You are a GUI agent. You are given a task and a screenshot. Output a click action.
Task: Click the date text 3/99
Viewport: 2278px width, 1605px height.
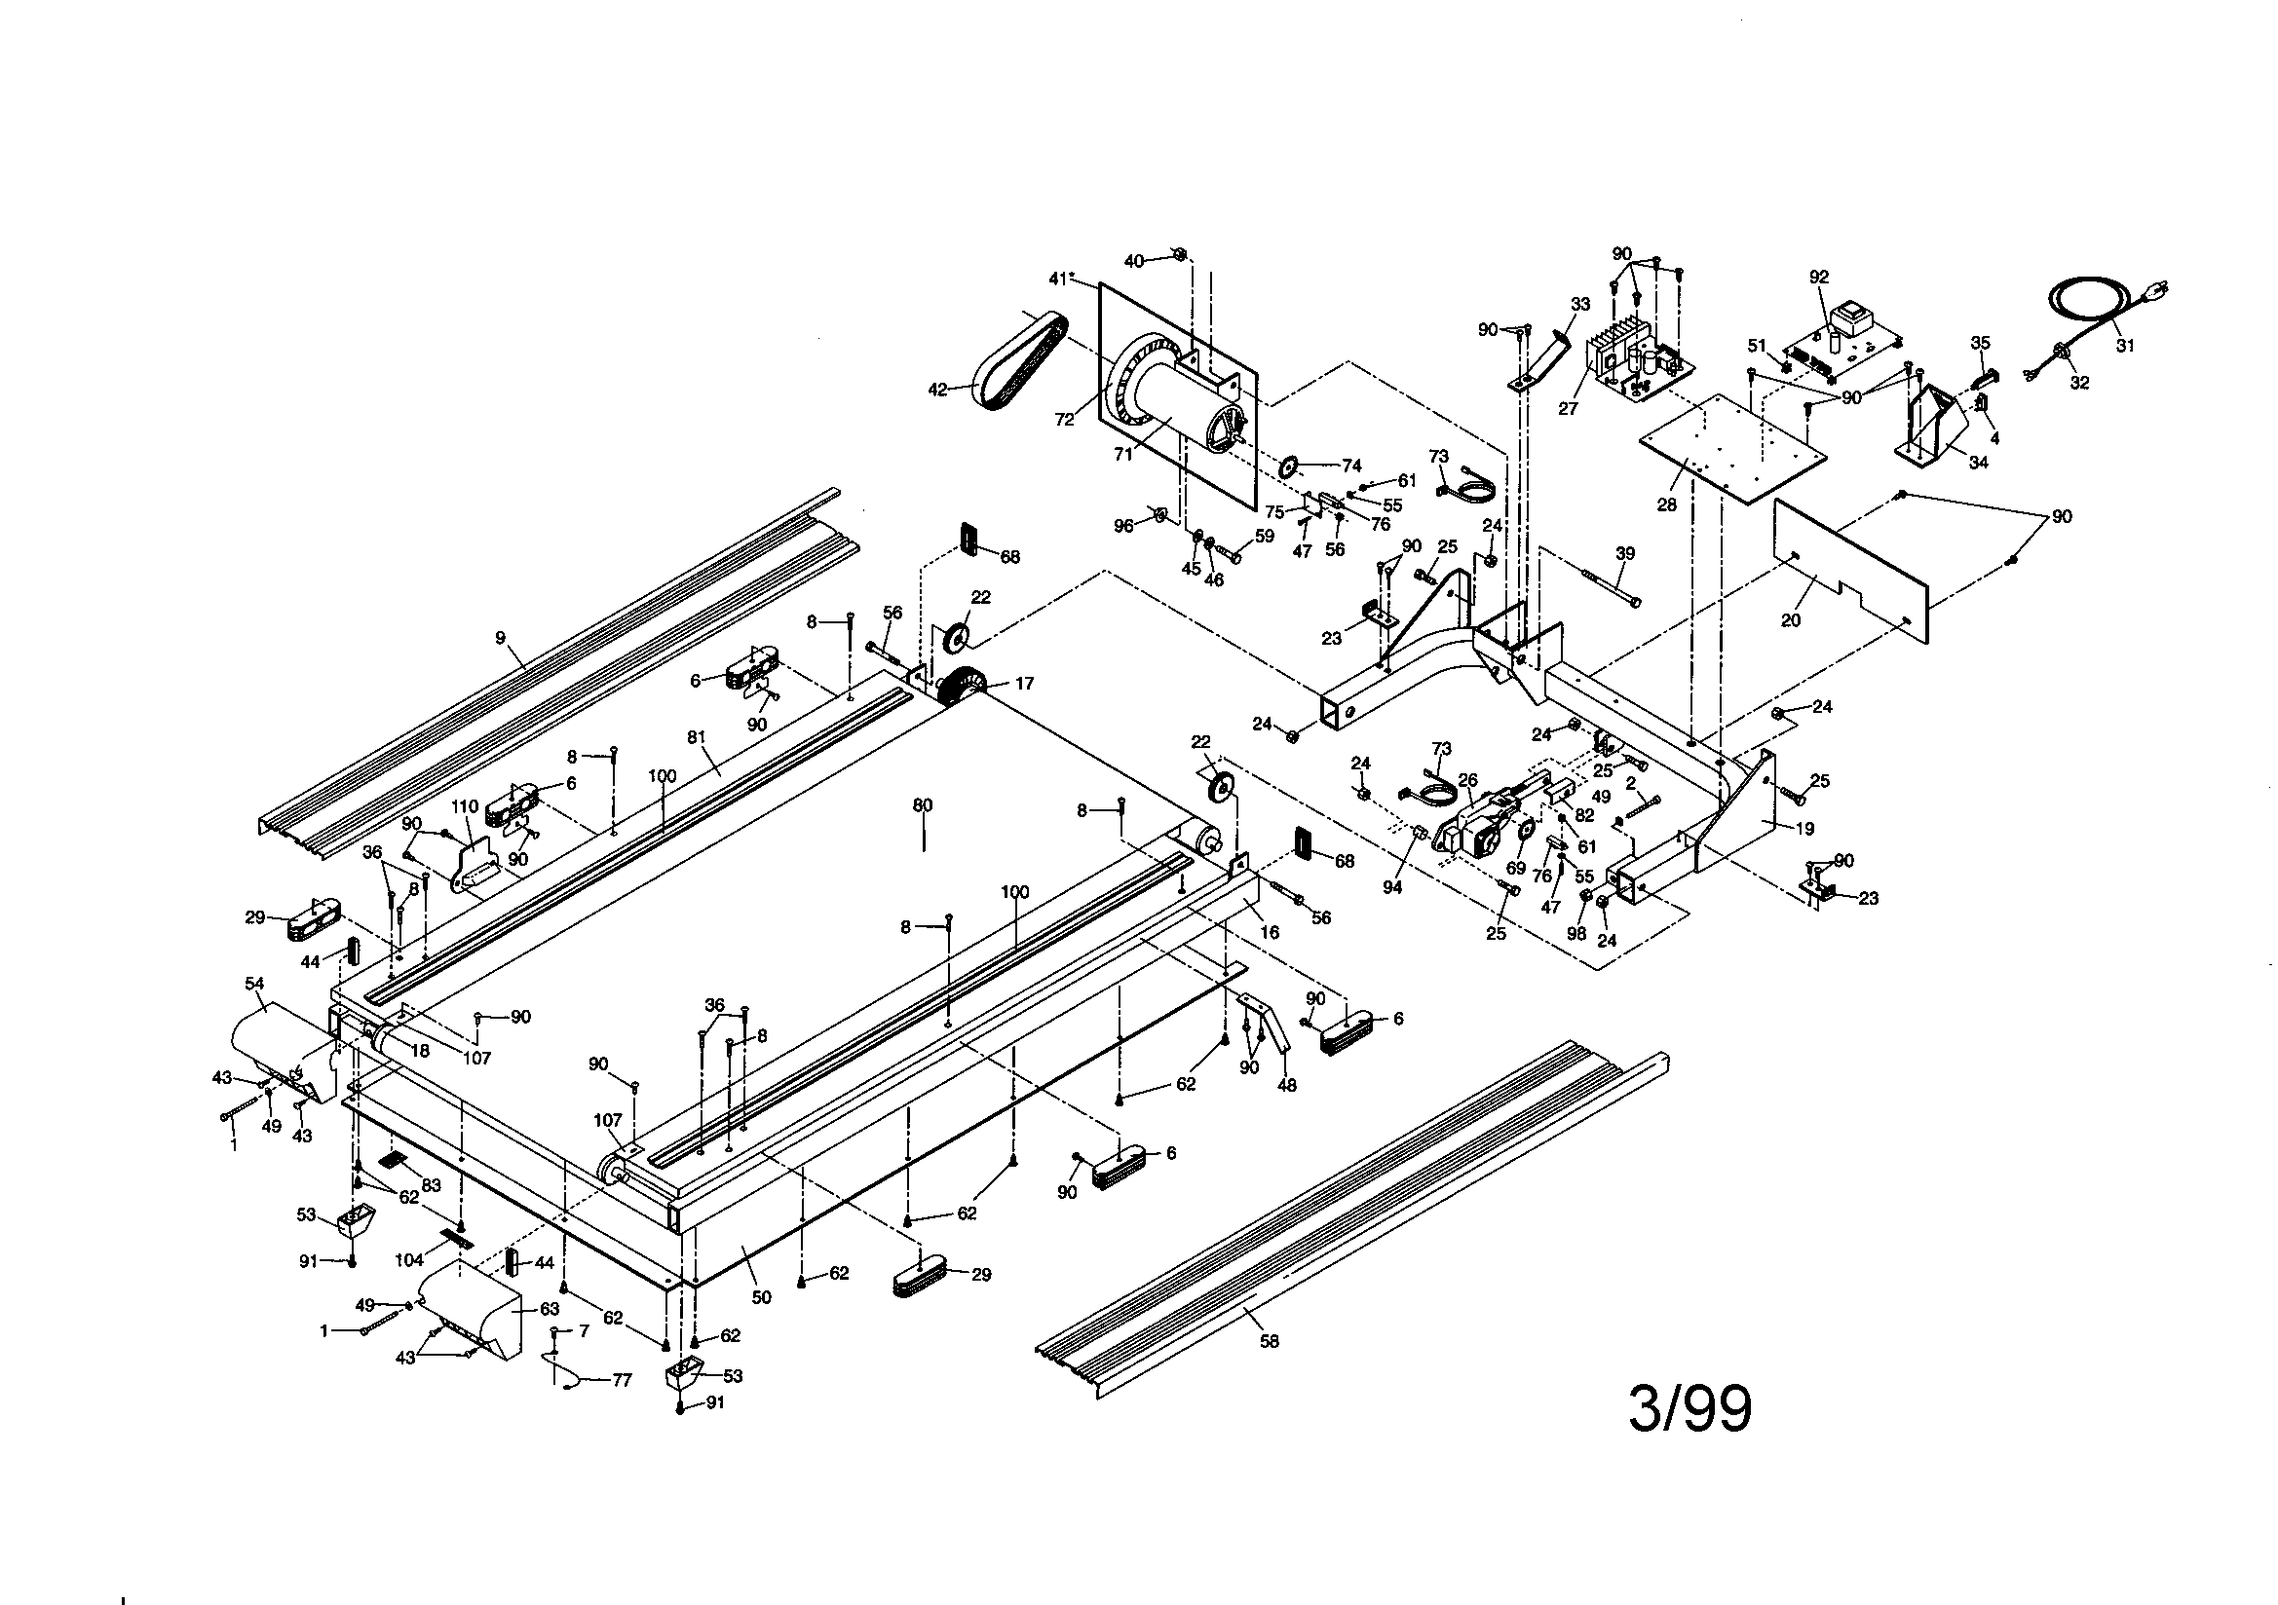[x=1690, y=1409]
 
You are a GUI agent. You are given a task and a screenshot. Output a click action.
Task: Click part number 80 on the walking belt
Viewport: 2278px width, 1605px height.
[x=923, y=805]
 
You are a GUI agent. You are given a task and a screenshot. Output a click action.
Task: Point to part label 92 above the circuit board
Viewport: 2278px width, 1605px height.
[x=1819, y=278]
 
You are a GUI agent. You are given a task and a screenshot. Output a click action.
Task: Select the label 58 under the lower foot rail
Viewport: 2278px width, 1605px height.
[x=1269, y=1341]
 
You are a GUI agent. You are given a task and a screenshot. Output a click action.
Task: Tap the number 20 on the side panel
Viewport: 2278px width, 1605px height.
[x=1790, y=621]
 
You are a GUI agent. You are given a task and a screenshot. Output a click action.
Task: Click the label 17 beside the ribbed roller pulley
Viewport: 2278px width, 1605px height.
[x=1024, y=684]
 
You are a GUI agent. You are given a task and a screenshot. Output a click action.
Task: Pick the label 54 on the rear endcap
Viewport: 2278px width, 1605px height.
[x=254, y=983]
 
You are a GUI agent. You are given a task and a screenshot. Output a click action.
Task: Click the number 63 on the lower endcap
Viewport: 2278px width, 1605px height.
[x=549, y=1309]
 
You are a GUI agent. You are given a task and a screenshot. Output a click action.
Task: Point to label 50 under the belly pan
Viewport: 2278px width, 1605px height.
[x=761, y=1297]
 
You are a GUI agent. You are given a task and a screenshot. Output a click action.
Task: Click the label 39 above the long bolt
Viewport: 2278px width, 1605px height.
[x=1624, y=553]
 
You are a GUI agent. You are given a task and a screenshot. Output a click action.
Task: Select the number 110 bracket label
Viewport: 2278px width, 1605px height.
[x=466, y=805]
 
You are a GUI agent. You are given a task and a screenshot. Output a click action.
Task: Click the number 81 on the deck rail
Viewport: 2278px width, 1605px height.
[x=696, y=737]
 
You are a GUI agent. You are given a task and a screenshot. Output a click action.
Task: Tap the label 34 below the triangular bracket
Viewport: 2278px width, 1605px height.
[x=1977, y=463]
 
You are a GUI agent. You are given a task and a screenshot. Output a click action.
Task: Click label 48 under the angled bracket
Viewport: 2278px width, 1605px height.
[x=1286, y=1085]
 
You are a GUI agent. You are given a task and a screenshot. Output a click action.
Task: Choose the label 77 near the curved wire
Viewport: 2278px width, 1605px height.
[x=621, y=1380]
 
